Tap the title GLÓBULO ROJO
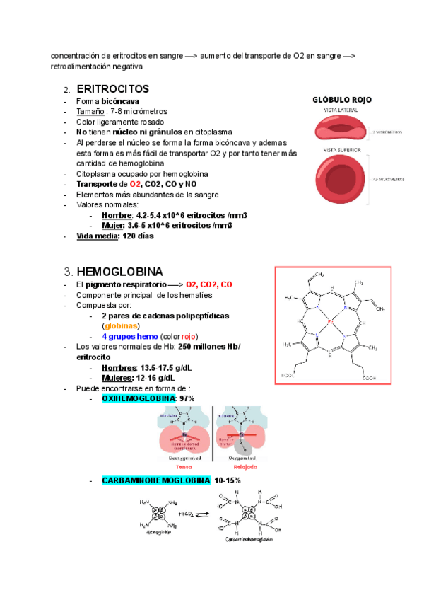click(x=342, y=100)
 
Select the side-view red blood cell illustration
click(x=342, y=129)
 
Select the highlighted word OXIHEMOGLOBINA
click(x=139, y=399)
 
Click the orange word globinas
click(x=122, y=326)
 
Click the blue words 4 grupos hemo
click(x=129, y=336)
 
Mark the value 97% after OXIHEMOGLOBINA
click(x=187, y=399)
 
